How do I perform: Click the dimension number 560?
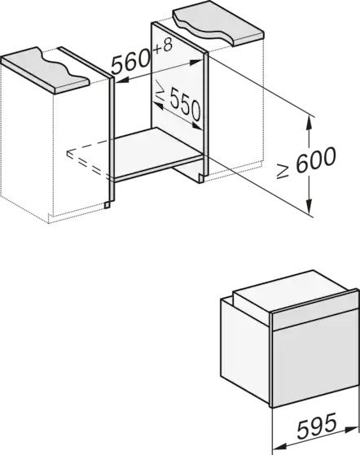[131, 63]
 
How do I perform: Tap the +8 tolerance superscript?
[162, 46]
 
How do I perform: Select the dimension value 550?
[185, 104]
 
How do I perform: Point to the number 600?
[316, 159]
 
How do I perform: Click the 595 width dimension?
[318, 426]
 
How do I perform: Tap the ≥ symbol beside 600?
[283, 171]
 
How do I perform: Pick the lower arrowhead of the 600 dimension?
[310, 207]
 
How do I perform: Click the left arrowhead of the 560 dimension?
[122, 81]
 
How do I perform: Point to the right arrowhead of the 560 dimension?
[196, 62]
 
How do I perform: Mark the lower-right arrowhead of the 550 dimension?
[197, 126]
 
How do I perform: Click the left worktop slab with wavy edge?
[45, 70]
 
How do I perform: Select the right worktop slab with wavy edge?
[218, 24]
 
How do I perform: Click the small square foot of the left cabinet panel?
[108, 205]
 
